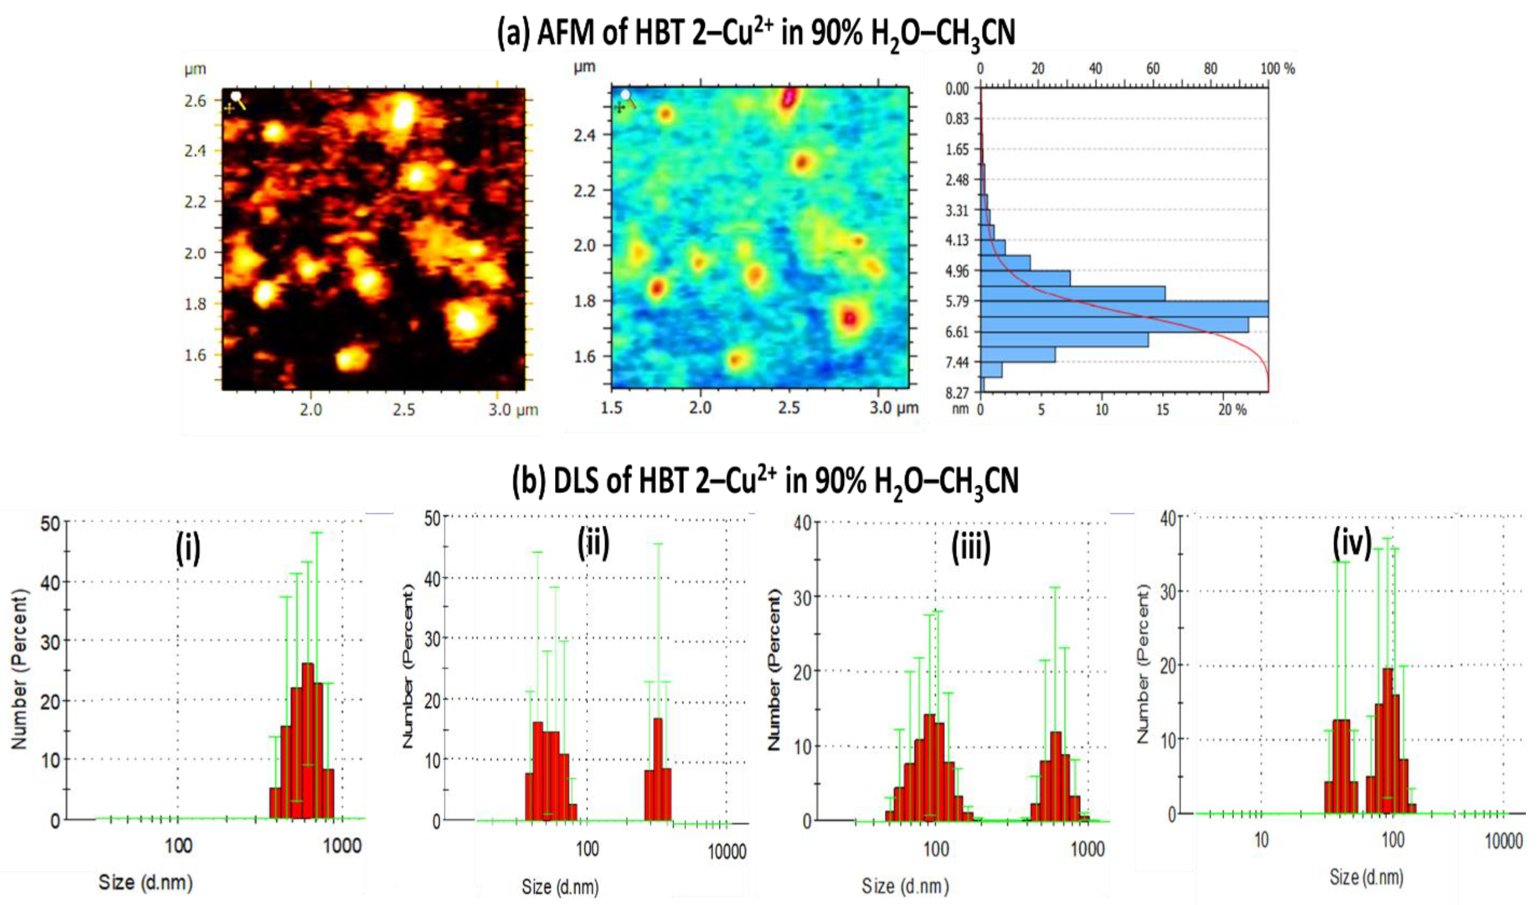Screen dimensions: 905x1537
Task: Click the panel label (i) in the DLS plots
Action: [x=188, y=547]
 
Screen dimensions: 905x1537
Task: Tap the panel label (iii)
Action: [x=971, y=546]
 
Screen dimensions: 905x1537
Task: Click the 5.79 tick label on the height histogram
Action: [x=957, y=301]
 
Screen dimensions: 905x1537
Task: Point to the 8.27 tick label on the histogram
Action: [x=957, y=393]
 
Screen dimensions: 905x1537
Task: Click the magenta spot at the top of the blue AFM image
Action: [x=789, y=98]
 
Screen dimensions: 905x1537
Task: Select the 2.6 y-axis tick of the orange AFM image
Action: [x=195, y=101]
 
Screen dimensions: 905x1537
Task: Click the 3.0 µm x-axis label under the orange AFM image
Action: [x=512, y=410]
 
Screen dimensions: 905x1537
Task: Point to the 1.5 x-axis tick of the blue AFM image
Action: [x=612, y=407]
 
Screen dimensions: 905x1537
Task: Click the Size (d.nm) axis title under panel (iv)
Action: [x=1366, y=877]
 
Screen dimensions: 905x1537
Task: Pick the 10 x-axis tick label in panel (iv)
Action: [x=1261, y=840]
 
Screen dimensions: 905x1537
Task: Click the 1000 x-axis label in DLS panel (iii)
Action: [x=1087, y=849]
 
